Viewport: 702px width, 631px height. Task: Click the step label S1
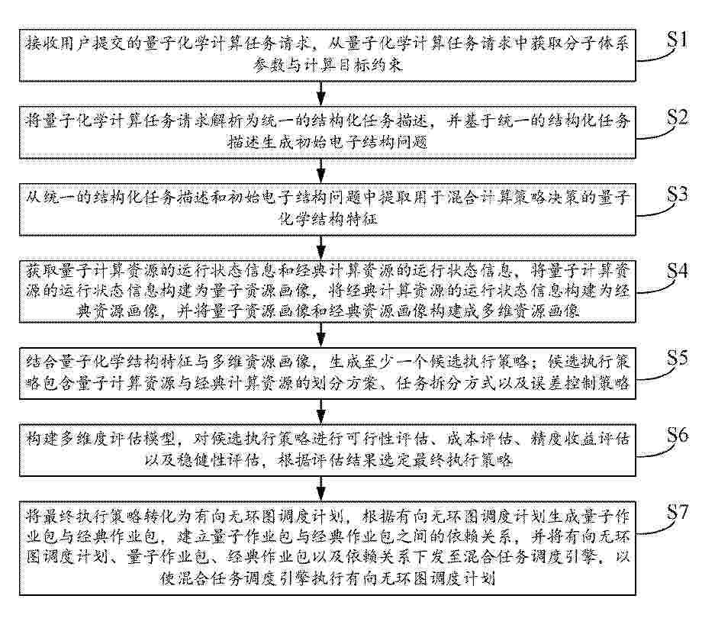(677, 40)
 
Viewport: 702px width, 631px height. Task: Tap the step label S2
(677, 117)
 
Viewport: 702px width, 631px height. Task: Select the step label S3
(677, 194)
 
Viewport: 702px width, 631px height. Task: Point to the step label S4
(677, 271)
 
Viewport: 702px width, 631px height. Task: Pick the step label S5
(677, 358)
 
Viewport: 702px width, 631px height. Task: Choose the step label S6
(677, 435)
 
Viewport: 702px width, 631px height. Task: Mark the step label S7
(677, 512)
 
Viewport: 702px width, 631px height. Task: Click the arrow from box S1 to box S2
(321, 93)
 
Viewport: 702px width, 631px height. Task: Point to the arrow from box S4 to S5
(321, 334)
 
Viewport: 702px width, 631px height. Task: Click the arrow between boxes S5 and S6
(321, 411)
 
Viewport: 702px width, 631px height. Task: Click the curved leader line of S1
(658, 57)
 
